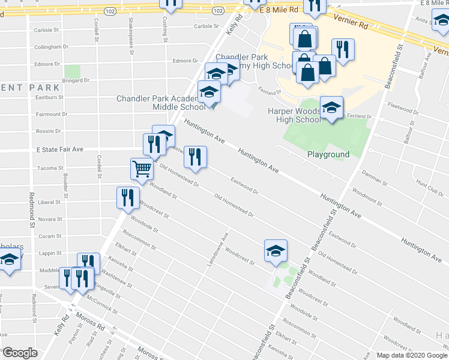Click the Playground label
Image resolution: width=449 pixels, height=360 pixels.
pos(328,154)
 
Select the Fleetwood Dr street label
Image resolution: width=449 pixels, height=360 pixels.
pos(403,110)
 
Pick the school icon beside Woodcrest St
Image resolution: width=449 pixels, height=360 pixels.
pos(276,251)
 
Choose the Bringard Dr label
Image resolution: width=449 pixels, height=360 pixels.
pos(76,80)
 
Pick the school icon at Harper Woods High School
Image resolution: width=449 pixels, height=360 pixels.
pos(331,109)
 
